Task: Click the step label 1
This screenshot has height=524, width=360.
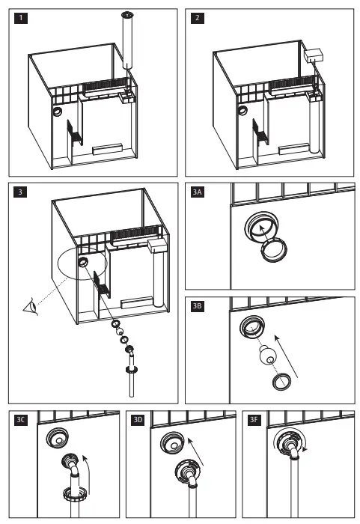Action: [21, 18]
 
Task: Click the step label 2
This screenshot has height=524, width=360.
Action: [198, 18]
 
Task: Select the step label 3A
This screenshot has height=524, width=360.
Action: [198, 192]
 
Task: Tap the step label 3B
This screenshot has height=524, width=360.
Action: [198, 306]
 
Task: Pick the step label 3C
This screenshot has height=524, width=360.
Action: [21, 420]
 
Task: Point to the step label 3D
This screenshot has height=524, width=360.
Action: [138, 420]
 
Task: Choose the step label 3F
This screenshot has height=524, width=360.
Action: [254, 420]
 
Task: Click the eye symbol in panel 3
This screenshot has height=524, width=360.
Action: [31, 306]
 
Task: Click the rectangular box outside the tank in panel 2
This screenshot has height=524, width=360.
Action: [314, 55]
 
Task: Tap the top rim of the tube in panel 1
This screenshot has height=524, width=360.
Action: [127, 14]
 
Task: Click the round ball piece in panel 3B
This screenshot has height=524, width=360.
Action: [268, 356]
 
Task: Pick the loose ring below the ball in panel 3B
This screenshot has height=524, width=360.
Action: [281, 383]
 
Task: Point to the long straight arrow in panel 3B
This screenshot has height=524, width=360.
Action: [286, 356]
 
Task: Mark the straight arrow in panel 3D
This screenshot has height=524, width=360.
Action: [195, 451]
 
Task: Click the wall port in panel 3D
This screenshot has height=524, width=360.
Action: [172, 443]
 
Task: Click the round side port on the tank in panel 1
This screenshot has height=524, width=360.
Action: [57, 112]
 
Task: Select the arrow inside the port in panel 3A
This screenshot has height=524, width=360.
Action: [264, 233]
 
